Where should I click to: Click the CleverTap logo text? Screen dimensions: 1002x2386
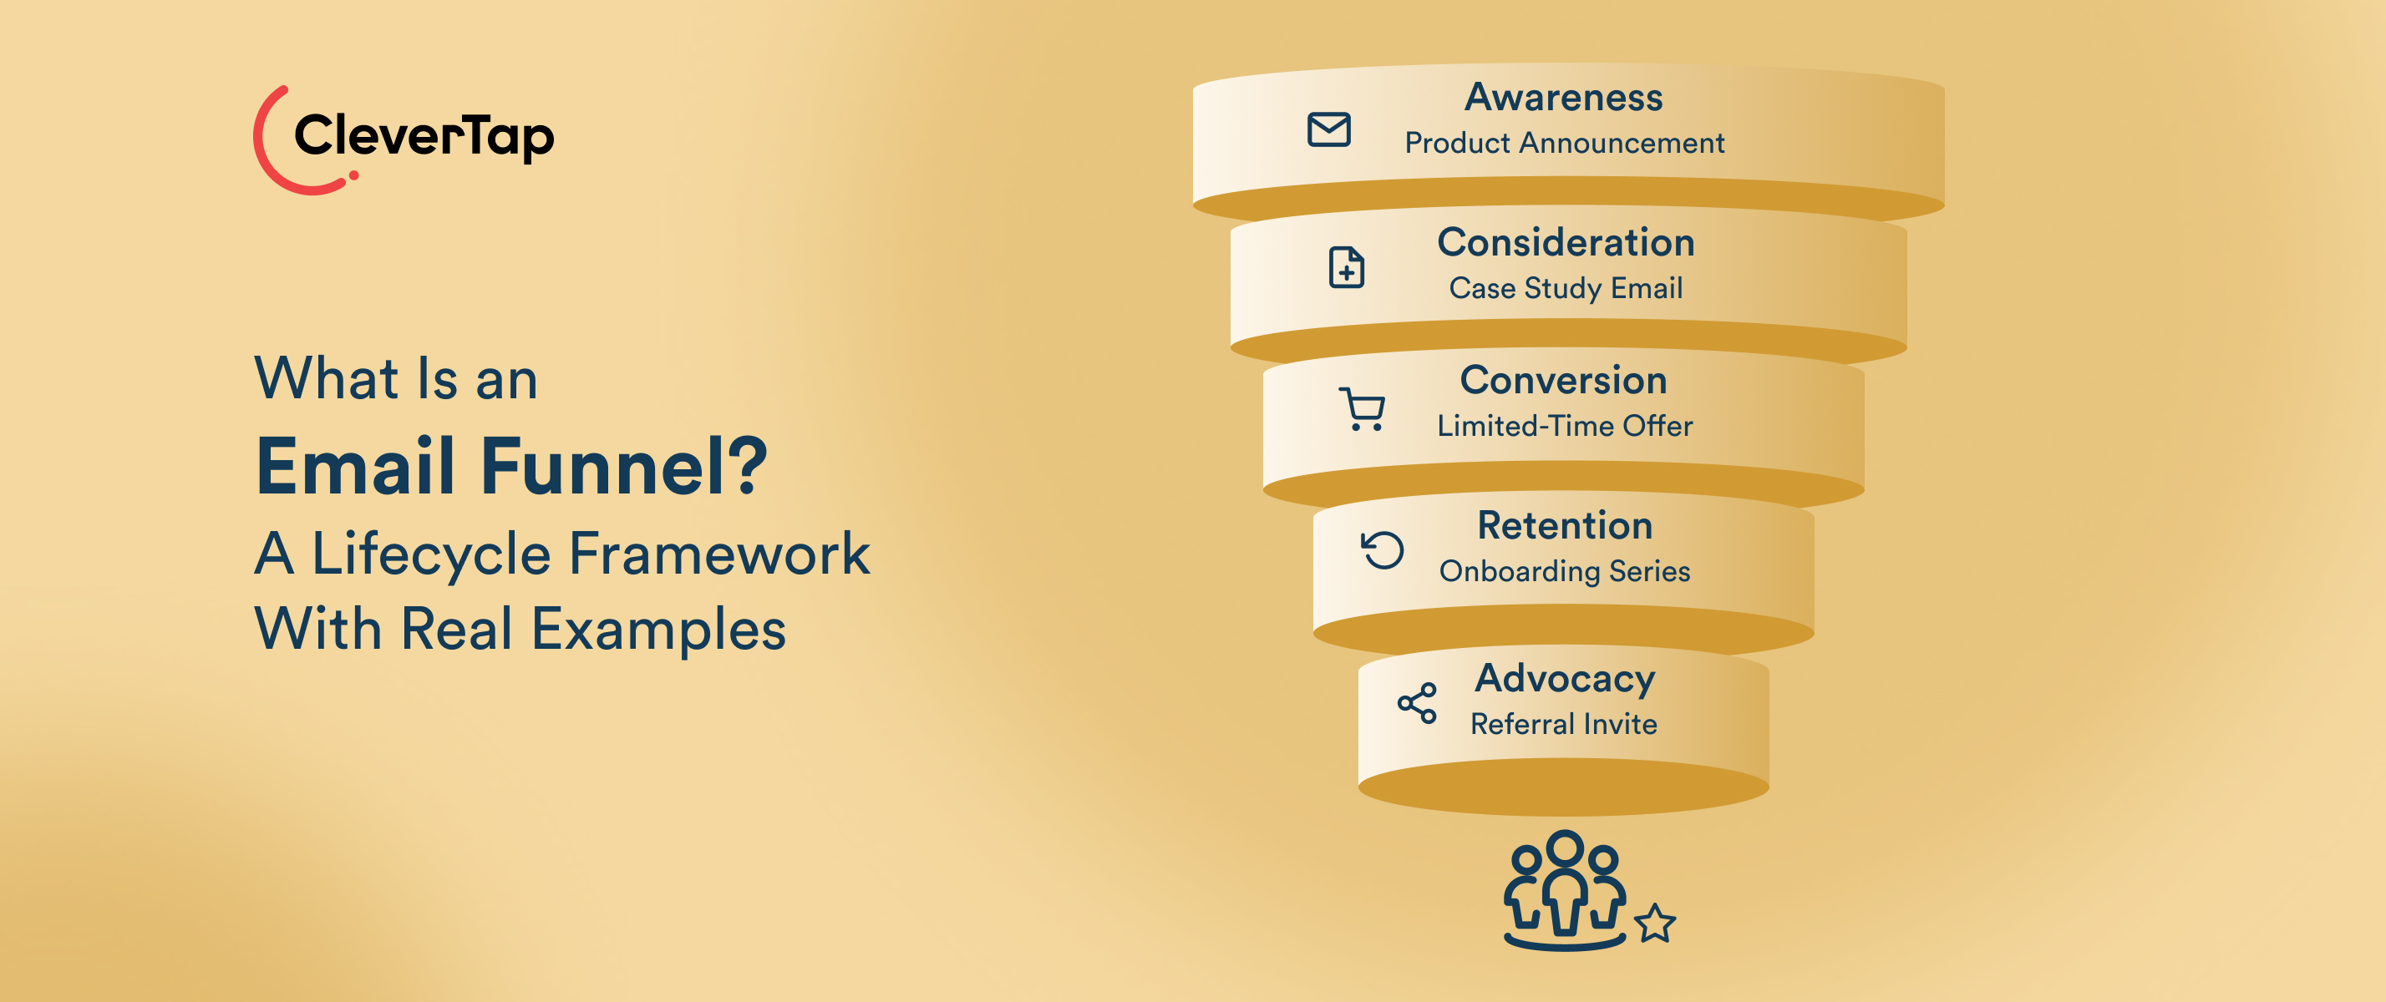pyautogui.click(x=424, y=136)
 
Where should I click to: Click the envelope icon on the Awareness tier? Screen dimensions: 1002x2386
pyautogui.click(x=1328, y=129)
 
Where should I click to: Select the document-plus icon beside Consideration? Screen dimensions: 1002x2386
pyautogui.click(x=1346, y=268)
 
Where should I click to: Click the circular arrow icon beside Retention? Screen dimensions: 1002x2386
pyautogui.click(x=1382, y=550)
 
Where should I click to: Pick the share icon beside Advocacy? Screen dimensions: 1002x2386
pyautogui.click(x=1416, y=703)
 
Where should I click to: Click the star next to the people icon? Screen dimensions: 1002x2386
pyautogui.click(x=1654, y=924)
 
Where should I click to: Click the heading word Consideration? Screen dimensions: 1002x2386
pyautogui.click(x=1566, y=243)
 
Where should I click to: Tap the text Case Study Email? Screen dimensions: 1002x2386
pyautogui.click(x=1566, y=288)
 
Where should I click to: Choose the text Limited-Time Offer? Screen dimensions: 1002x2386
pyautogui.click(x=1565, y=426)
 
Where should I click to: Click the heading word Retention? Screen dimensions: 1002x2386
pyautogui.click(x=1565, y=526)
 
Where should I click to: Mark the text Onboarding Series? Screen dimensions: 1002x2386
pyautogui.click(x=1565, y=571)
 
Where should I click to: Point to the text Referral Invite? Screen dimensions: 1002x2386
pyautogui.click(x=1563, y=724)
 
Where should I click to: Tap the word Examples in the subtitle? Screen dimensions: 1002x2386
pyautogui.click(x=658, y=630)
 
